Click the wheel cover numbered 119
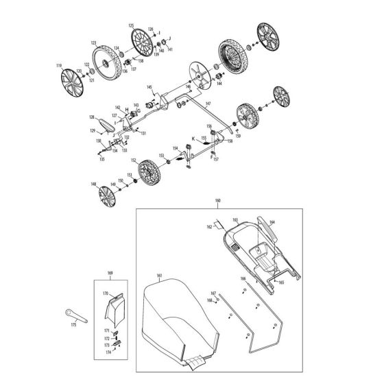[69, 82]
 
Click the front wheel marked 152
[145, 174]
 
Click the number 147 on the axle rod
[208, 103]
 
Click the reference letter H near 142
[127, 110]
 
